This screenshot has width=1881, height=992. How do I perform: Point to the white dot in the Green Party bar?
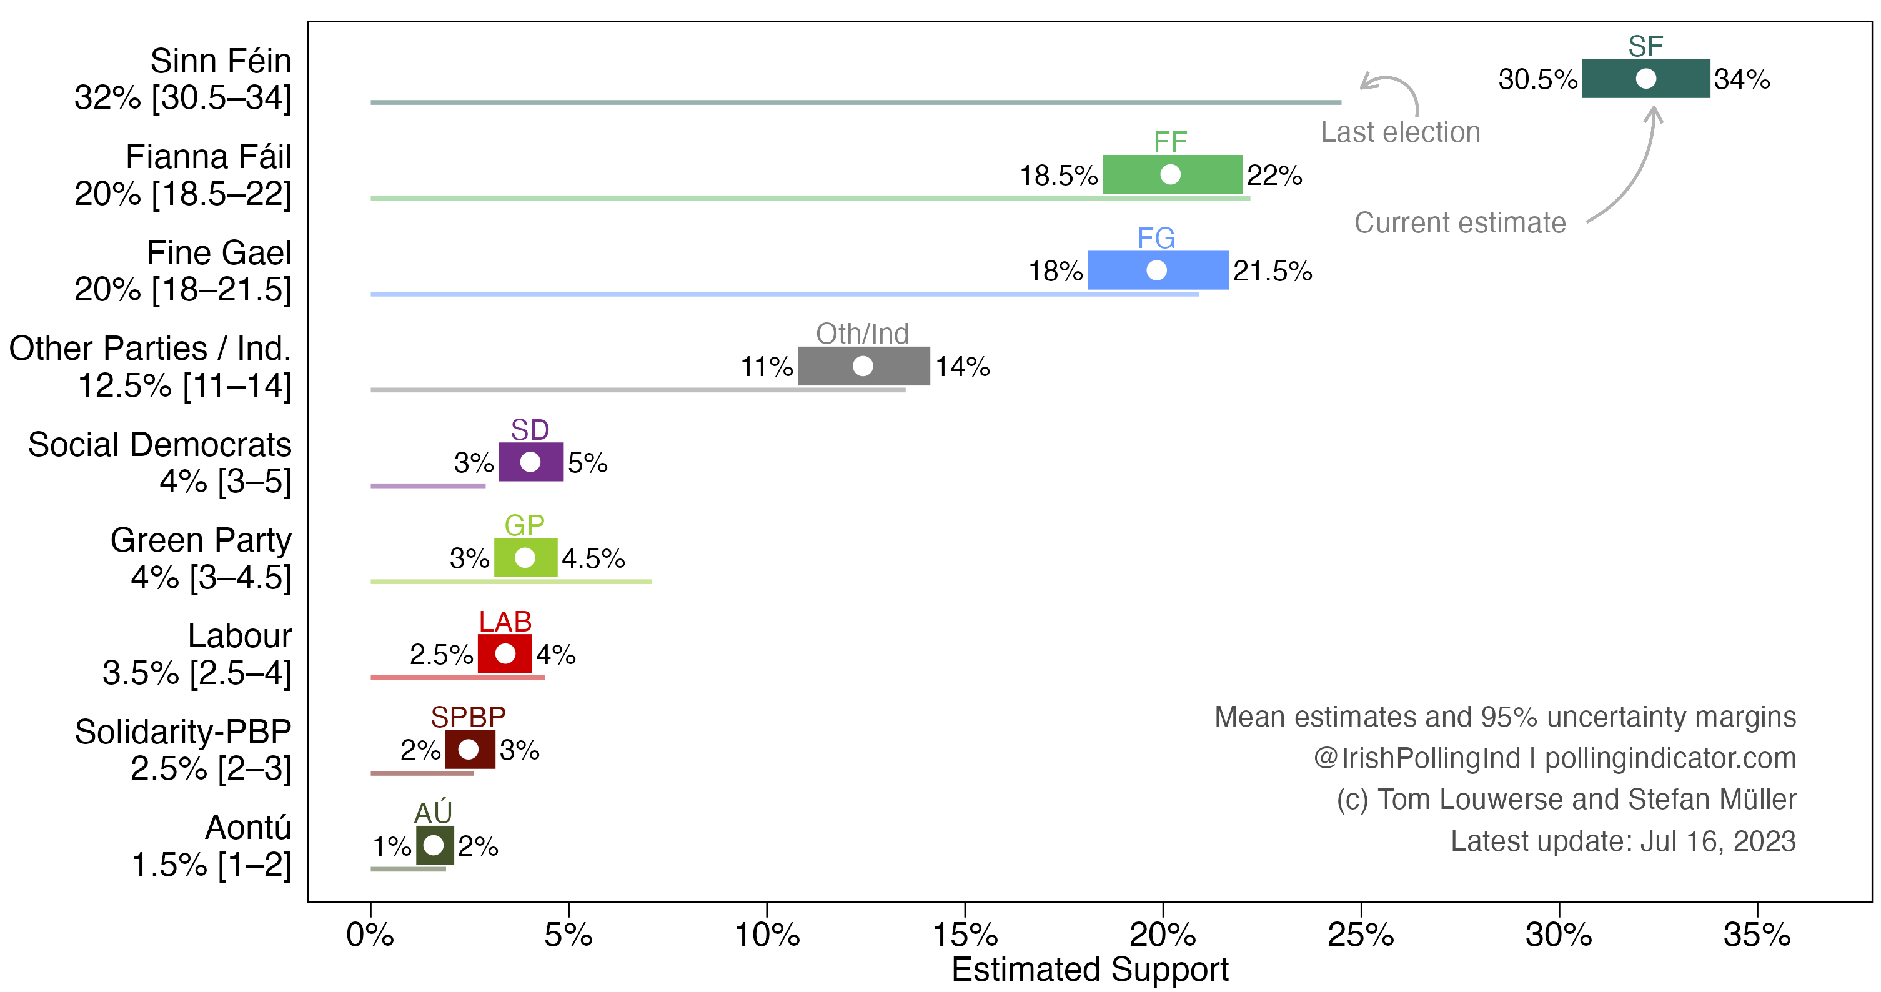coord(524,558)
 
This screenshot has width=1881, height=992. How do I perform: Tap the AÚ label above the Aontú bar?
coord(433,813)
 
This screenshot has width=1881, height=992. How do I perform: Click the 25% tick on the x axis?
coord(1361,908)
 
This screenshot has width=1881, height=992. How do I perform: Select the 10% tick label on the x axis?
coord(767,935)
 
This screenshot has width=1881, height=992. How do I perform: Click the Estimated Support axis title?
coord(1089,970)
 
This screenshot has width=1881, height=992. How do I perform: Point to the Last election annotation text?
coord(1400,132)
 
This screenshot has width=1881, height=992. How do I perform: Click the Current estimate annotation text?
coord(1460,222)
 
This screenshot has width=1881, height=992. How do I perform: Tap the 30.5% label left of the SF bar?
coord(1537,79)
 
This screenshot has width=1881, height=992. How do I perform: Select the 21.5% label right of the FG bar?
coord(1272,271)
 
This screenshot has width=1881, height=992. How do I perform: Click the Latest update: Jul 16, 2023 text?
coord(1622,841)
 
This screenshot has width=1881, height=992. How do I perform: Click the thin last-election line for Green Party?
coord(511,581)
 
